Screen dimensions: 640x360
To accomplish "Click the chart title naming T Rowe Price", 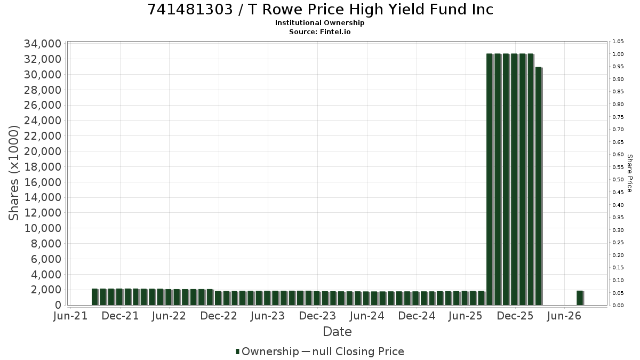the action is [320, 10].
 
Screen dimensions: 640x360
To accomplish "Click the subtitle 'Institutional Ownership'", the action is [319, 23].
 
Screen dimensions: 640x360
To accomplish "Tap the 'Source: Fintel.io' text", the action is [319, 31].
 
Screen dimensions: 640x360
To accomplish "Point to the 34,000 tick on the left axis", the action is [43, 44].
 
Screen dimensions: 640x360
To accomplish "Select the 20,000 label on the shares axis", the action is [43, 151].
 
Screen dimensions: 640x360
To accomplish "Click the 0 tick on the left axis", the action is [58, 305].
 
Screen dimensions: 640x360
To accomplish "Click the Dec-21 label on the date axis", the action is [120, 316].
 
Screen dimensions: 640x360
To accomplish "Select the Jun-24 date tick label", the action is [367, 316].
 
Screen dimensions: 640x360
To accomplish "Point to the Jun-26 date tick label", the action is [564, 316].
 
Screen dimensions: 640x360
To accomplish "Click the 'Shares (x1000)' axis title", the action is [13, 173].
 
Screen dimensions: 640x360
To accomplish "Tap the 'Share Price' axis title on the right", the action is [630, 173].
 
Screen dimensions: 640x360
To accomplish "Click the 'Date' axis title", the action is [337, 332].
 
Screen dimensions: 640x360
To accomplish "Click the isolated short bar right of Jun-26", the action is [580, 298].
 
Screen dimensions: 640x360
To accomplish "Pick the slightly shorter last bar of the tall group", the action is [539, 186].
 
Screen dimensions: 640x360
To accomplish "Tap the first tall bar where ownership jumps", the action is [490, 179].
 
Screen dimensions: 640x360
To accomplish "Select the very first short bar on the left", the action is [94, 297].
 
